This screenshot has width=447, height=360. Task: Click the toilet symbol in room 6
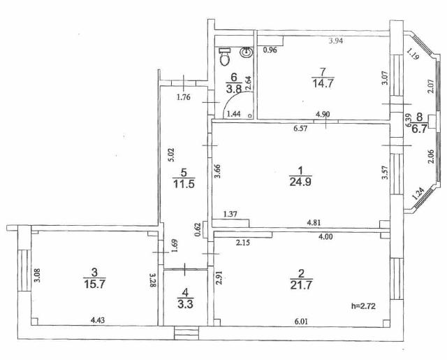(225, 57)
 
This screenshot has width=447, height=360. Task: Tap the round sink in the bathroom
(246, 52)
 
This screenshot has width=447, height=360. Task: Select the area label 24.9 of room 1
(300, 182)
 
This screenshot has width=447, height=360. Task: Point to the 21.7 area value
(301, 285)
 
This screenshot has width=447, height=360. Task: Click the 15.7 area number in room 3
(94, 284)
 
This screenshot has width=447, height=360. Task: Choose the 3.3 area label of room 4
(185, 304)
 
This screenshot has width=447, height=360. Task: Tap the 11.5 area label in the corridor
(184, 183)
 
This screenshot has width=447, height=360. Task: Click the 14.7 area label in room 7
(323, 84)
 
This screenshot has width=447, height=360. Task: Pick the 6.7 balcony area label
(419, 129)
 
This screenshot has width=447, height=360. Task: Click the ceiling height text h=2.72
(363, 306)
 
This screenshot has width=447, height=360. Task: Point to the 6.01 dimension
(301, 322)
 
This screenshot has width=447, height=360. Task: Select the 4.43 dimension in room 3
(98, 320)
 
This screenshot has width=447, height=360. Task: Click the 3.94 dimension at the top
(336, 41)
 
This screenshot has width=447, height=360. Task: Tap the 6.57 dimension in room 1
(300, 129)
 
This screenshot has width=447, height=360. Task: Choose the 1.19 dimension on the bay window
(413, 54)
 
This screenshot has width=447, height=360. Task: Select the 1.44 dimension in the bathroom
(233, 114)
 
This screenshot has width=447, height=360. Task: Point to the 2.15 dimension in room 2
(243, 243)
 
